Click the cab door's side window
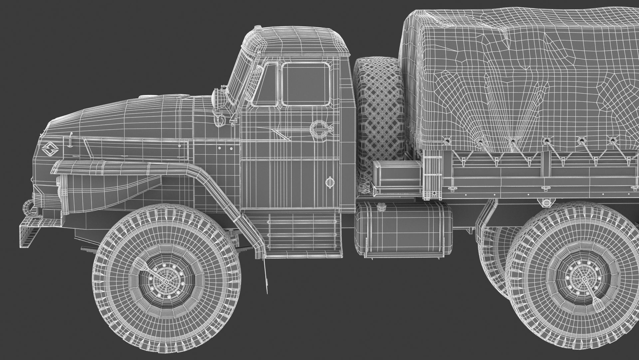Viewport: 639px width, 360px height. point(306,84)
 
